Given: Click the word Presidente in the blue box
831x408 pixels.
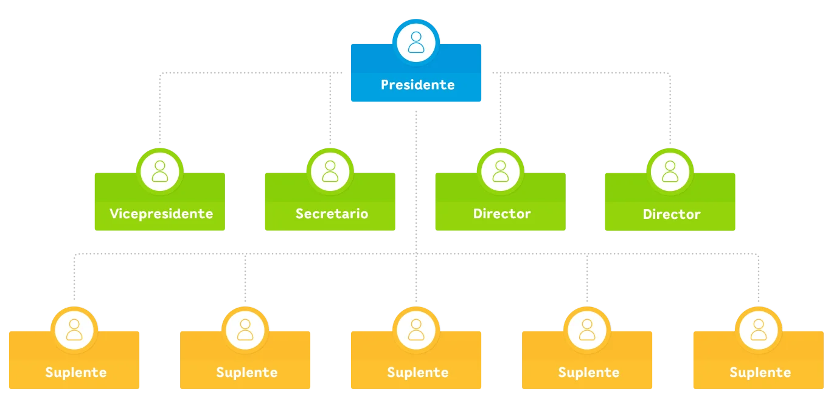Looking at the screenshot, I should (417, 85).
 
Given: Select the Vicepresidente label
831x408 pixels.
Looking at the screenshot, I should (161, 214).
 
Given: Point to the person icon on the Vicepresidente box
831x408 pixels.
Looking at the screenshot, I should (160, 171).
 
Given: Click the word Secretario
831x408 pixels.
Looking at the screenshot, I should (332, 214).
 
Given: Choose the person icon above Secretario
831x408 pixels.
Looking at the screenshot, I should (330, 171).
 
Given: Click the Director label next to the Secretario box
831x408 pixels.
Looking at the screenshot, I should (502, 214).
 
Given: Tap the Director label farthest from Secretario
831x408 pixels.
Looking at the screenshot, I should (672, 215).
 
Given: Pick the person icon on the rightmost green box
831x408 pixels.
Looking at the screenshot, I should (670, 171).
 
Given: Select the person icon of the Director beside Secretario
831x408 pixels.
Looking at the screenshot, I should (501, 171).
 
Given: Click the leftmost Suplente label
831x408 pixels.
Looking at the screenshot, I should (75, 373).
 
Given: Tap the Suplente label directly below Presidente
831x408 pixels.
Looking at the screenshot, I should (417, 373).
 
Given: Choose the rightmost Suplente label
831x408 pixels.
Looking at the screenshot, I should (760, 373).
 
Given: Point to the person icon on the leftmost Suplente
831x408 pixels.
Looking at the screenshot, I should (74, 330).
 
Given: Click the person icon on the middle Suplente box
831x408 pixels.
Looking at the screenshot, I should (416, 330).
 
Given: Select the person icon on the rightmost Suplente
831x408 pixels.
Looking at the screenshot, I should (759, 330).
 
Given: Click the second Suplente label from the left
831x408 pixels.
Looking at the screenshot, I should (246, 373).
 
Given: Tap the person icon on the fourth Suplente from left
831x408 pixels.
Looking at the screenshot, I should (587, 330).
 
